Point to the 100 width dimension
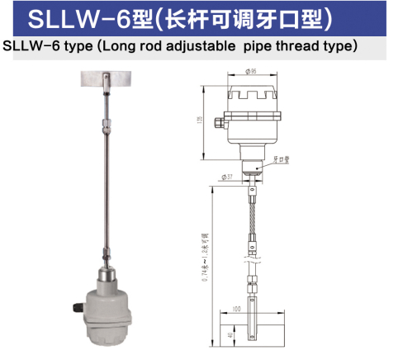[x=235, y=308]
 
